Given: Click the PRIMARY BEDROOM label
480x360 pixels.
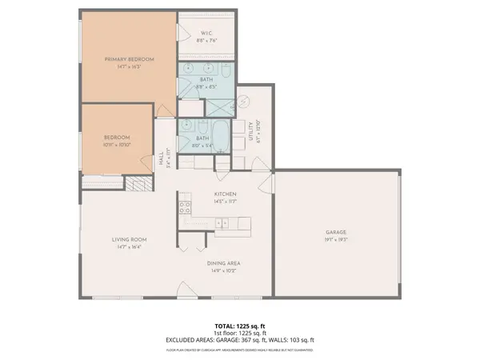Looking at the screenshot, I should click(x=130, y=60).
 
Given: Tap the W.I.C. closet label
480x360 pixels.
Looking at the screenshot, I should click(x=206, y=33).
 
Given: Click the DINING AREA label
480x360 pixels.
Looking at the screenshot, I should click(x=224, y=263).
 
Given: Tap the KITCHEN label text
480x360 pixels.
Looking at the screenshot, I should click(x=224, y=194).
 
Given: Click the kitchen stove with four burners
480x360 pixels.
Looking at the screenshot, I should click(x=184, y=209).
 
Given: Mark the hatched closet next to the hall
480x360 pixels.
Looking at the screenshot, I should click(x=137, y=182).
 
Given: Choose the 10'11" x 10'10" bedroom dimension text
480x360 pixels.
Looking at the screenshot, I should click(x=117, y=146).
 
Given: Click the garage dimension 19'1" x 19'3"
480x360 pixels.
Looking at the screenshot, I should click(x=337, y=239).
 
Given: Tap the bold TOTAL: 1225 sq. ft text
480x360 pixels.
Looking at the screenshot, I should click(x=240, y=326).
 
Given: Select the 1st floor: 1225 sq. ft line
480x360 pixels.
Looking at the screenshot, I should click(x=240, y=333).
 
